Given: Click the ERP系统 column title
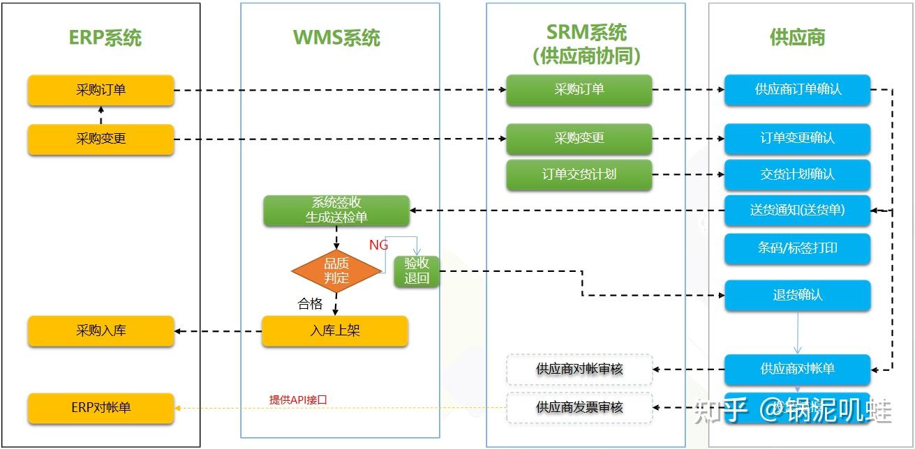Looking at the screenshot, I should pos(105,37).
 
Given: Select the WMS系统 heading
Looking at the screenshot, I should pos(336,37).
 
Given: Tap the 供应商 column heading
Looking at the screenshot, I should pos(797,37).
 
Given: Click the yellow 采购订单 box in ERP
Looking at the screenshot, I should pos(101,90).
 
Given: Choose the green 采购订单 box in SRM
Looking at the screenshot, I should pos(579,90).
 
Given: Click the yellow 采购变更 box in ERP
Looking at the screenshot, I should pos(101,139).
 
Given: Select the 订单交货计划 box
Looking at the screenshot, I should pos(579,174).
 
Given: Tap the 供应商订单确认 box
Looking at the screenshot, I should pos(797,90).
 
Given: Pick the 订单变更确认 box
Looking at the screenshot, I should pos(797,139).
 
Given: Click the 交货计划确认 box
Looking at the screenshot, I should pos(797,174).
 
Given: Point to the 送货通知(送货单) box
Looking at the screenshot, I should pos(797,210).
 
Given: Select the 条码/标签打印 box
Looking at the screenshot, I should pos(797,248).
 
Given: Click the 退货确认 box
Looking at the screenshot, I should pos(797,295).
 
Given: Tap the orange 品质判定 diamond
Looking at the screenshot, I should pos(336,271).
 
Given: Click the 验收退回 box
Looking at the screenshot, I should pos(417,271).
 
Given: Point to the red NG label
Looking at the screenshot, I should pos(378,245).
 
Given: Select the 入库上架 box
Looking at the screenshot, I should pos(334,331).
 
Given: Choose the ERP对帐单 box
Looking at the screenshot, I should pos(101,408).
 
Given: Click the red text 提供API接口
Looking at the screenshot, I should pos(298,400).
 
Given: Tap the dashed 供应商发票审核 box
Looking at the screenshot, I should pos(579,407).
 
